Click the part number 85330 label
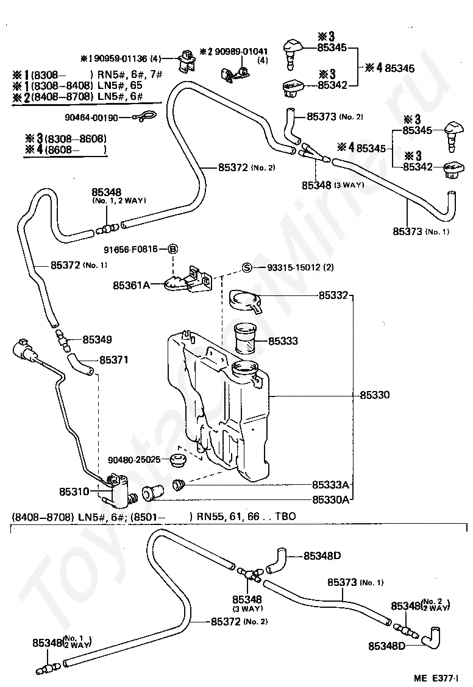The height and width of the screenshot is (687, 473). pos(374,395)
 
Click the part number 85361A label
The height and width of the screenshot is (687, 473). pos(132,285)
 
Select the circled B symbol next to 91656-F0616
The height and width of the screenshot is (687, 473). pos(173,249)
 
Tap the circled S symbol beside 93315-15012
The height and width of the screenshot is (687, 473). pos(247,267)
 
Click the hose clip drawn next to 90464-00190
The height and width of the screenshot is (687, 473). pos(144,116)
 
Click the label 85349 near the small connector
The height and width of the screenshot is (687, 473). pos(98,340)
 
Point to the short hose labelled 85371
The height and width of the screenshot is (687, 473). pos(80,365)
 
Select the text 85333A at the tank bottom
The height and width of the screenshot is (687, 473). pos(330,485)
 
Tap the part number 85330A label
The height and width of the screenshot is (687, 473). pos(330,499)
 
